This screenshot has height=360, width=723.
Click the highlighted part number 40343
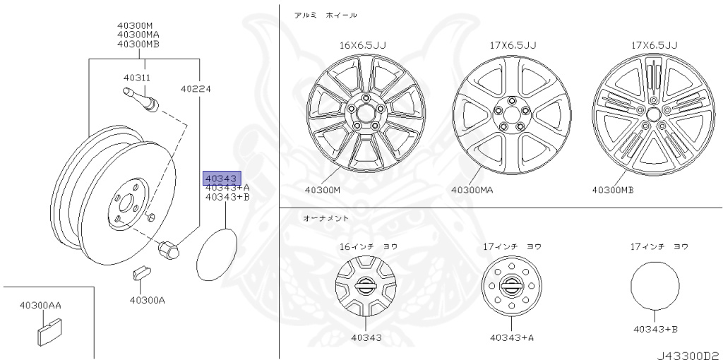coord(222,179)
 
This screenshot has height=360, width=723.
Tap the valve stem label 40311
coord(137,78)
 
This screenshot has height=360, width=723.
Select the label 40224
coord(196,88)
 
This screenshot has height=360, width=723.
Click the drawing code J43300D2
coord(689,356)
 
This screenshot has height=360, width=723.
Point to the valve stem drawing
coord(141,100)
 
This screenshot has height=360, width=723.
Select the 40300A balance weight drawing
coord(140,272)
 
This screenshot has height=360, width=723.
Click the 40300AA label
coord(40,305)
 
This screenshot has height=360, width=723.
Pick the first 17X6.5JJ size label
coord(513,45)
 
